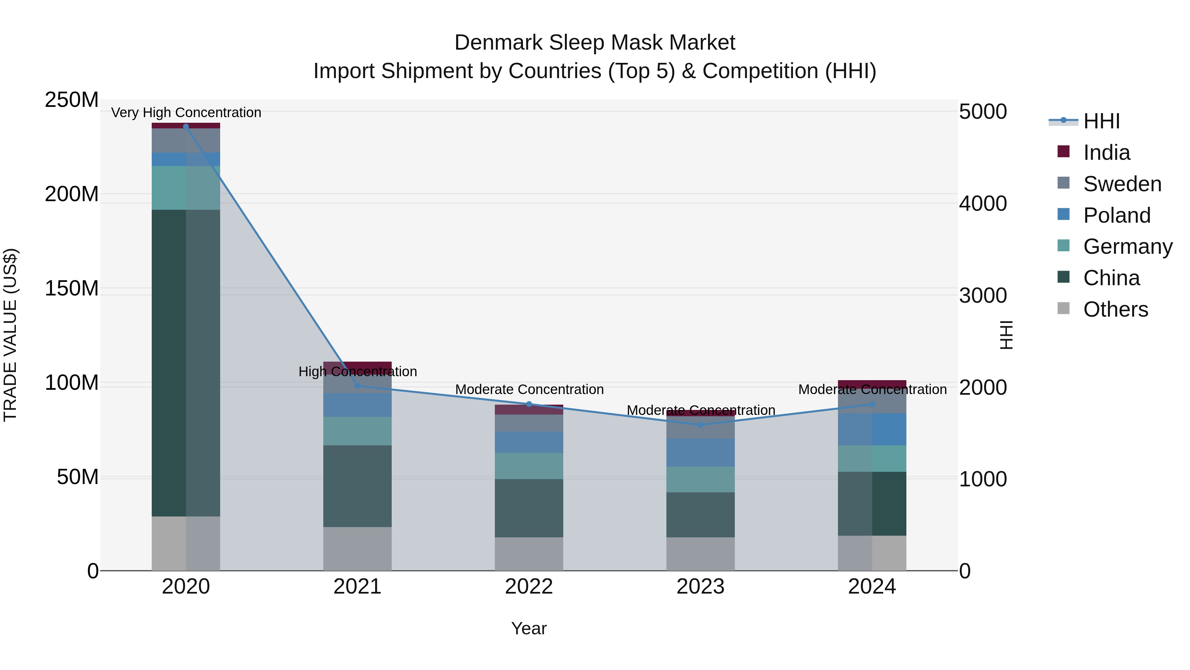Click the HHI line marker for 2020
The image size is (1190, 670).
coord(186,126)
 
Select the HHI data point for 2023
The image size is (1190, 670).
coord(700,424)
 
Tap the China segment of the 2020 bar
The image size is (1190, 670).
coord(186,363)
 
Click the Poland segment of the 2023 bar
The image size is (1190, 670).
coord(700,452)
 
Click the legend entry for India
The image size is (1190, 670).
coord(1106,153)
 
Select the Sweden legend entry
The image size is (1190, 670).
coord(1122,184)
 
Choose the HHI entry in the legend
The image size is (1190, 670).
coord(1101,121)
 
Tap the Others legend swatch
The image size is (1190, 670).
coord(1063,308)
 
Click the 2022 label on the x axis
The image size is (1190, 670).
coord(529,587)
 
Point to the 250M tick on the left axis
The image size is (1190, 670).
coord(72,100)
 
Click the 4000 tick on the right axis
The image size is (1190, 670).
coord(983,203)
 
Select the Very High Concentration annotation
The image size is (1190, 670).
coord(186,112)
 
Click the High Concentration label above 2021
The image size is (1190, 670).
coord(358,371)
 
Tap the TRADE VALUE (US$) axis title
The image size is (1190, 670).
coord(10,335)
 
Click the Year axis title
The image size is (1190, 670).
coord(529,628)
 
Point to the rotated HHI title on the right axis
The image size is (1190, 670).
coord(1006,335)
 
